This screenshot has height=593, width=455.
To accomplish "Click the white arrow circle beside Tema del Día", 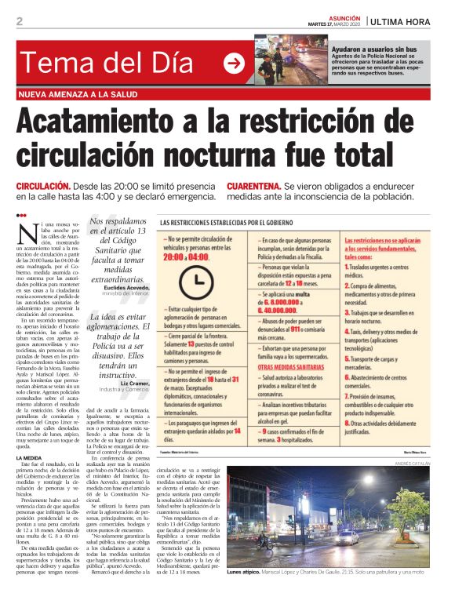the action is [234, 64].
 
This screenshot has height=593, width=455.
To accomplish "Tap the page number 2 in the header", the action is [20, 21].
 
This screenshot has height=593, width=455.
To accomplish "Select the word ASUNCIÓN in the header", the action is [340, 17].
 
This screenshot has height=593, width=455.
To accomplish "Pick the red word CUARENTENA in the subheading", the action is [253, 186].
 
